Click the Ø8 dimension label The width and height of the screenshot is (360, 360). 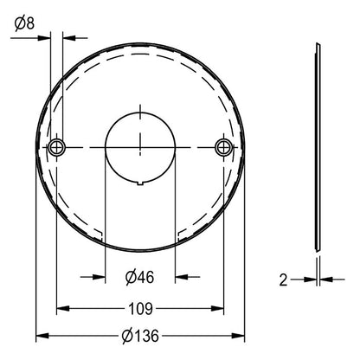click(x=24, y=22)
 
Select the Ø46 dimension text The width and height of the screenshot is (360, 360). click(x=140, y=277)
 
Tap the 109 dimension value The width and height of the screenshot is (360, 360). click(x=140, y=309)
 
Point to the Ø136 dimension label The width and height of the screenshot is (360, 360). click(x=140, y=336)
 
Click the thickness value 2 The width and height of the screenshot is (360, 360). click(x=283, y=280)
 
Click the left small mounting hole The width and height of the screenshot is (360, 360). click(x=56, y=147)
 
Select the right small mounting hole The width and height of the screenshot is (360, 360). click(x=224, y=147)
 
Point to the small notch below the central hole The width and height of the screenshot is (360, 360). click(x=140, y=183)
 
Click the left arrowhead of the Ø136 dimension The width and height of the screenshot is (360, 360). click(x=42, y=336)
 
